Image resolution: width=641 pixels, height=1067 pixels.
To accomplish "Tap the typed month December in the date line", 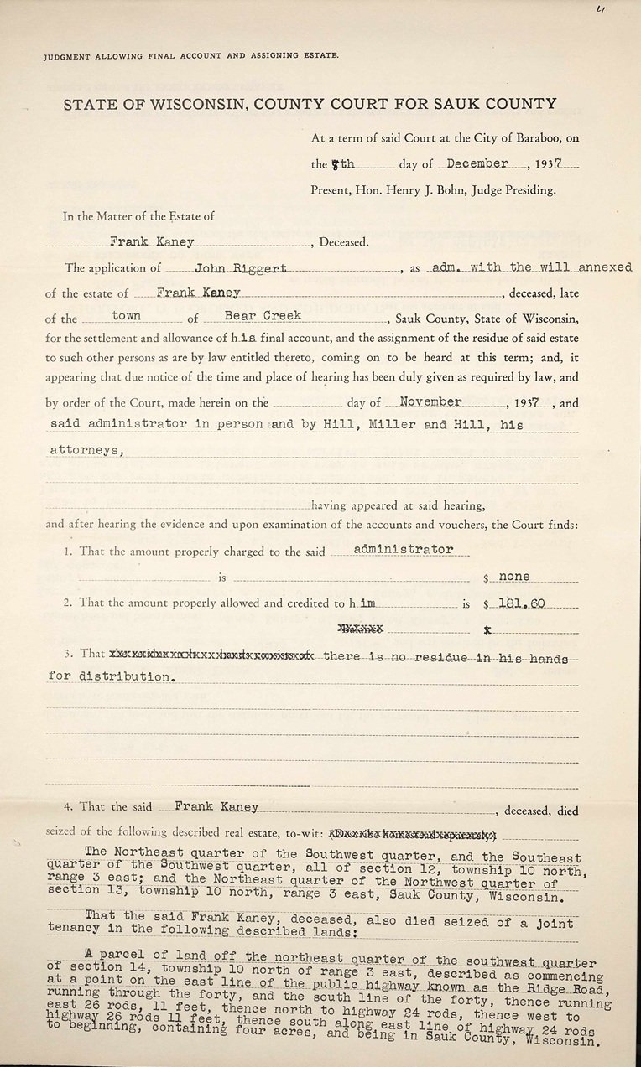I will click(x=478, y=164).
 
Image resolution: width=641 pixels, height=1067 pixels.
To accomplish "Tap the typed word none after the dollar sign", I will click(x=514, y=577).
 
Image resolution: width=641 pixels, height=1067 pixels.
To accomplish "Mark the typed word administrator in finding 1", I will click(x=404, y=549).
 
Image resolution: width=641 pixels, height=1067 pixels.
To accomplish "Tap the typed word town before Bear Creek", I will click(x=126, y=317).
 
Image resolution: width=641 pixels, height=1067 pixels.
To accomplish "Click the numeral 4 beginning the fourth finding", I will click(x=67, y=807).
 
